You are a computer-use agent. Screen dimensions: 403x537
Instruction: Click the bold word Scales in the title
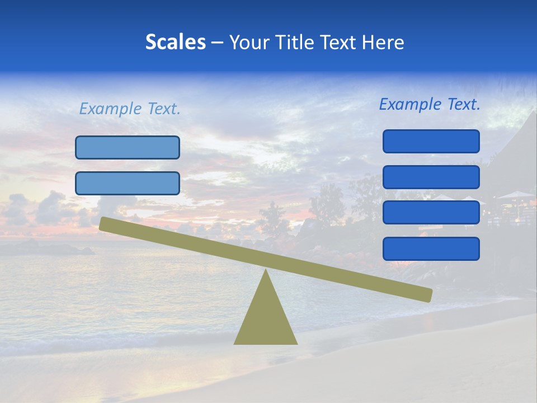(175, 43)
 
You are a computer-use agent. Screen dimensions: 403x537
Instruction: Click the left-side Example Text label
(130, 109)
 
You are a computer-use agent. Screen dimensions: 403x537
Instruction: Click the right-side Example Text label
(430, 104)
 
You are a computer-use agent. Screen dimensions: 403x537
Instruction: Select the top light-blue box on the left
(128, 148)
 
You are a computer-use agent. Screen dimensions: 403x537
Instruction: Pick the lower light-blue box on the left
(128, 184)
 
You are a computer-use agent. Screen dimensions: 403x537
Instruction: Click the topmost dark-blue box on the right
(431, 141)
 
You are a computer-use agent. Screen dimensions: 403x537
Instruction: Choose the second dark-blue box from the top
(431, 177)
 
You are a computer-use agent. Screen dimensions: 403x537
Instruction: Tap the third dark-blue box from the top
(431, 213)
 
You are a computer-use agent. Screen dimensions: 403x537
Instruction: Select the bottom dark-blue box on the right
(431, 249)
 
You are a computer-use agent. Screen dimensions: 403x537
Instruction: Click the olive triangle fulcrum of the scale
(265, 319)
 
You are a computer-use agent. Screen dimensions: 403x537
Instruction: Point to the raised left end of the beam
(104, 223)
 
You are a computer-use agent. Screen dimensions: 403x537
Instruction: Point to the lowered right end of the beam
(427, 295)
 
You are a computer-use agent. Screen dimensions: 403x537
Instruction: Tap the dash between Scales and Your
(218, 43)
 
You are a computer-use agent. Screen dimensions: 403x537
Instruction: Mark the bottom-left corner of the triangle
(235, 343)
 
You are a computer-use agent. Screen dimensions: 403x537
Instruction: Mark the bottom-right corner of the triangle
(296, 343)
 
